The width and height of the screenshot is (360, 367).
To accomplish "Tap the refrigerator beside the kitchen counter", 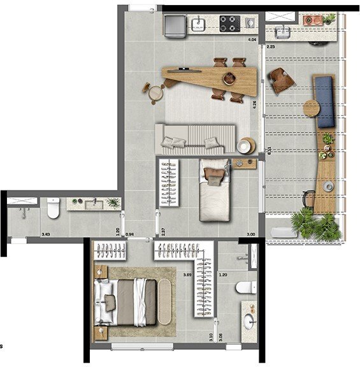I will tap(174, 25).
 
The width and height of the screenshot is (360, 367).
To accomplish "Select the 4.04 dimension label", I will tap(252, 40).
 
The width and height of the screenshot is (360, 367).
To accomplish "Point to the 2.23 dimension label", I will tap(271, 47).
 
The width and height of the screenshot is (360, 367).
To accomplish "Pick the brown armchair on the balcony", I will tap(281, 80).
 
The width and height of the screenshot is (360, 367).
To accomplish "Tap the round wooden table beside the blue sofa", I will tap(311, 108).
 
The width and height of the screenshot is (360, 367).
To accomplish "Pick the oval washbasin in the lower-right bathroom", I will tap(249, 320).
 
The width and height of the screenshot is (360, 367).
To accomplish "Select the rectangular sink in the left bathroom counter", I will tap(89, 203).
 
